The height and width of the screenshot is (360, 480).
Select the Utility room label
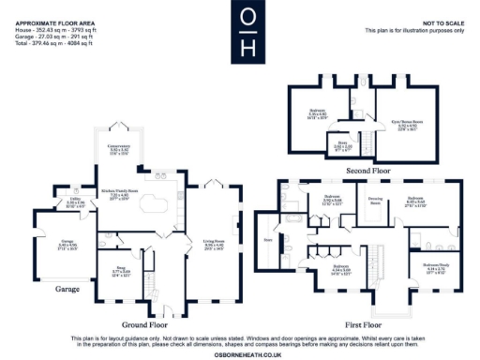point(63,202)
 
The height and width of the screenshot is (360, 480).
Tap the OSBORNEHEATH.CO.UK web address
point(240,353)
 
